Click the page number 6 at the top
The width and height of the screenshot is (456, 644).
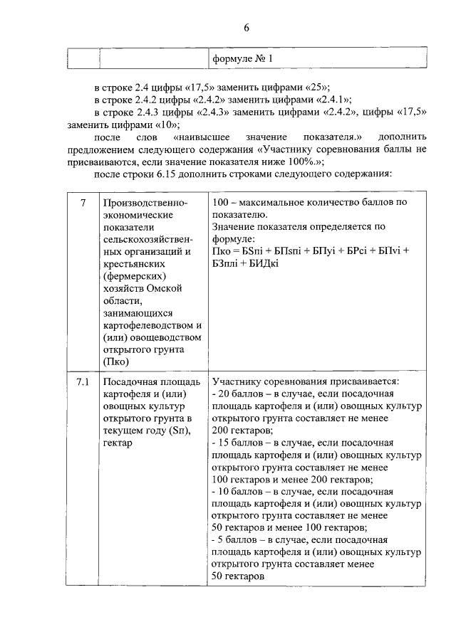247,28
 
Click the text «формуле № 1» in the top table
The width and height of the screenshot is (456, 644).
242,58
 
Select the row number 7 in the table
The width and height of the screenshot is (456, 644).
83,204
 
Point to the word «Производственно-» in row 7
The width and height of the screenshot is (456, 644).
145,204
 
